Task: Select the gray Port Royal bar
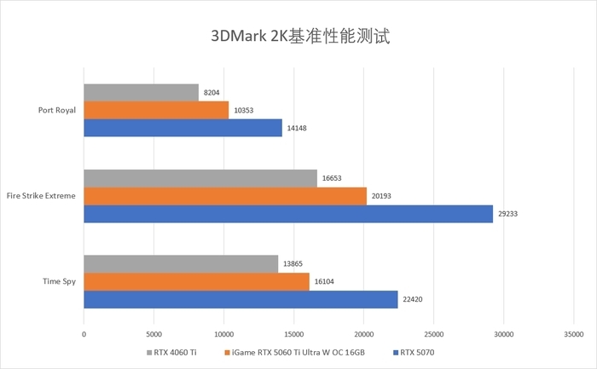coord(141,92)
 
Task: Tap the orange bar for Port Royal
coord(156,110)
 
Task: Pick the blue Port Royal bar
coord(183,128)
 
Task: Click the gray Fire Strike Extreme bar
coord(200,178)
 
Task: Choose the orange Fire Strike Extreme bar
coord(225,196)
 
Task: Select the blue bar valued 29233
coord(288,214)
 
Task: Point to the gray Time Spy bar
coord(181,264)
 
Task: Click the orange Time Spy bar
coord(196,282)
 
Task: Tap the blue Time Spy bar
coord(241,300)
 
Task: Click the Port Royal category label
coord(57,110)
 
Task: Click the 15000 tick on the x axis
coord(294,335)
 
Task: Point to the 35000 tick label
coord(574,335)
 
